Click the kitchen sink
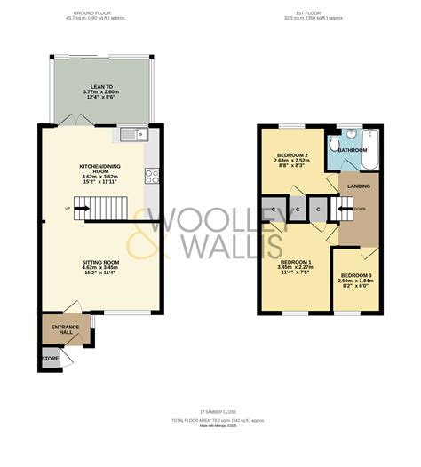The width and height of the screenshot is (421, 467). click(134, 135)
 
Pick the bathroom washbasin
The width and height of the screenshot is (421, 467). click(351, 134)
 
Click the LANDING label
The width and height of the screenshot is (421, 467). click(359, 186)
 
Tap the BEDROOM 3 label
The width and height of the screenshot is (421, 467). click(357, 276)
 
